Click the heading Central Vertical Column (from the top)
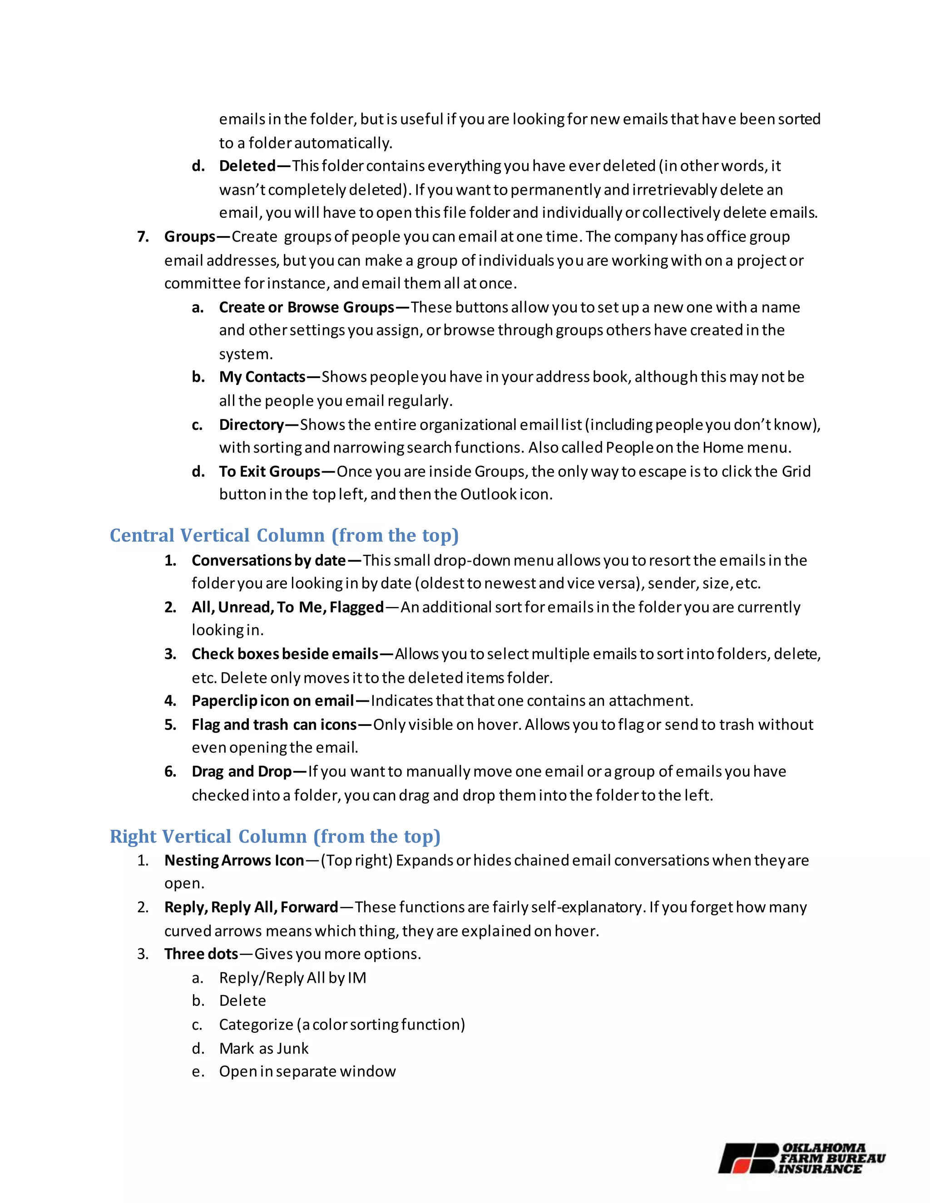(x=284, y=535)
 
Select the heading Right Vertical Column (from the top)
(x=275, y=836)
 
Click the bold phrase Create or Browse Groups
(x=307, y=307)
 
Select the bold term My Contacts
(x=262, y=377)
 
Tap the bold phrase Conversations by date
(x=268, y=561)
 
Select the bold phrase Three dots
(x=201, y=954)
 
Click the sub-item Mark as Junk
(x=263, y=1048)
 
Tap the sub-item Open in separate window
(x=307, y=1071)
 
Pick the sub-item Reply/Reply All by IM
(x=292, y=978)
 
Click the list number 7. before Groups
(x=143, y=237)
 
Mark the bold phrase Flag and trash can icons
(x=274, y=725)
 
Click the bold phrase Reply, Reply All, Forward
(x=251, y=907)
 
